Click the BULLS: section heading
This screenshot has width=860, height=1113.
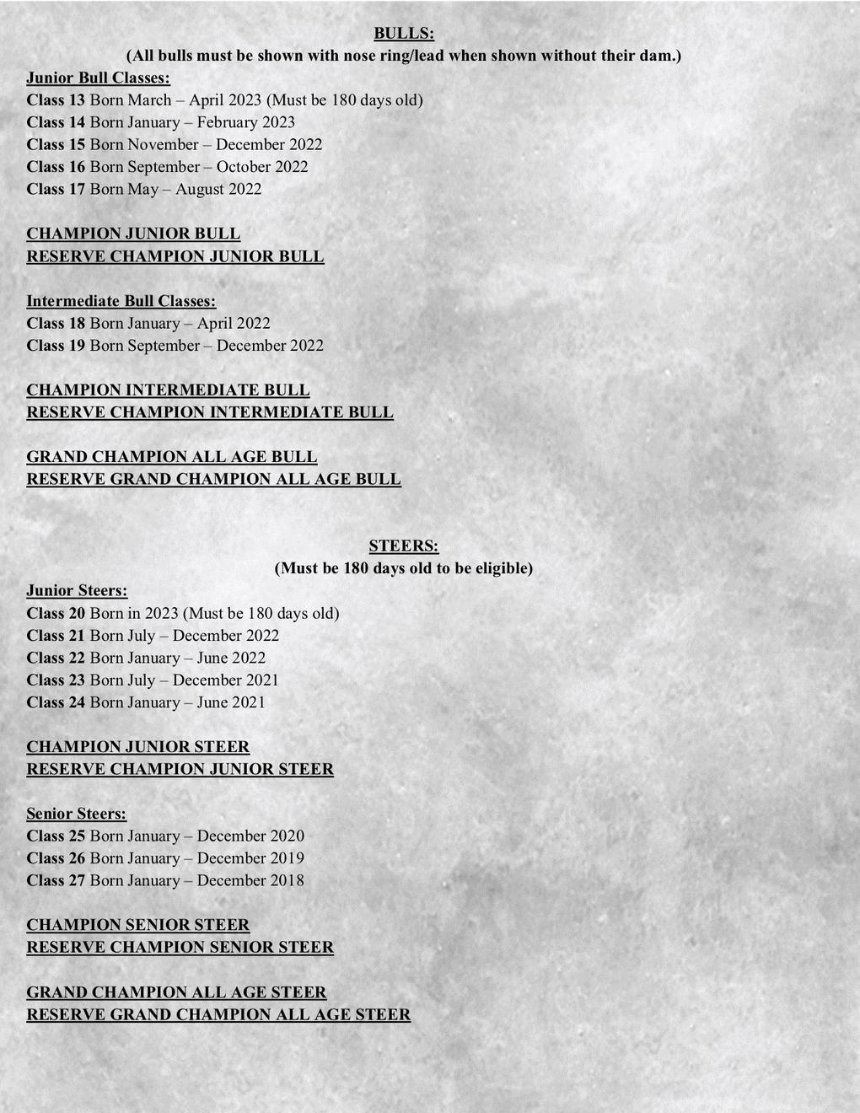[x=404, y=34]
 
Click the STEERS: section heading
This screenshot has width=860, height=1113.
[x=404, y=546]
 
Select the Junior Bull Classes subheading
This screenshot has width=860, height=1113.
[x=98, y=78]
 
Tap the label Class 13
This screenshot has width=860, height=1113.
[x=56, y=100]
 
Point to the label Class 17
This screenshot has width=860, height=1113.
[x=56, y=190]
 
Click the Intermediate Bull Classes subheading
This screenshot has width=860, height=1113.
[x=121, y=301]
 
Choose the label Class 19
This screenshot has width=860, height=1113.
[x=56, y=346]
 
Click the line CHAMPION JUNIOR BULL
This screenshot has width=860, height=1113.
[x=133, y=234]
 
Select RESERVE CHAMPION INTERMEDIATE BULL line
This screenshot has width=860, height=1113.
[x=210, y=412]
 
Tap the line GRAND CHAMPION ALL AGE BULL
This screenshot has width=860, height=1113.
[x=172, y=457]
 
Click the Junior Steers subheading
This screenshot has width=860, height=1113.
[x=77, y=591]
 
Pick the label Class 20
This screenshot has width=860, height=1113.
[x=56, y=614]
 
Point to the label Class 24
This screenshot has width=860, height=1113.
[x=56, y=702]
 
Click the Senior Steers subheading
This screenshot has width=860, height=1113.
[x=76, y=814]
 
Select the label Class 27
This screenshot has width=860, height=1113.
[x=56, y=880]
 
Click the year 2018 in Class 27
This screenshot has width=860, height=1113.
[x=287, y=880]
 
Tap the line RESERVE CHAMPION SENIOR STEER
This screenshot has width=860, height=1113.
[x=180, y=948]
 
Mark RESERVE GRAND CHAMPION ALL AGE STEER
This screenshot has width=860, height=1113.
[x=218, y=1014]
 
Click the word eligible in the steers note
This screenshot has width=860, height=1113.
[x=503, y=568]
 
